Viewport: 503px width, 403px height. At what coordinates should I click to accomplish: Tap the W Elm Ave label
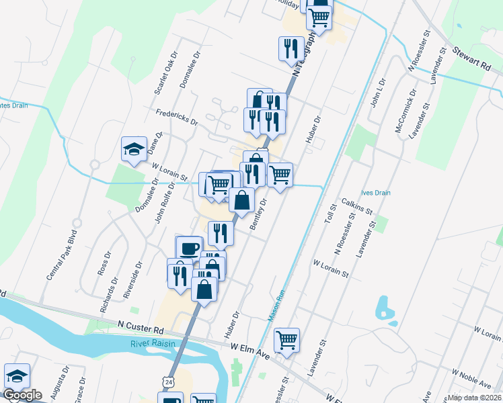pyautogui.click(x=249, y=350)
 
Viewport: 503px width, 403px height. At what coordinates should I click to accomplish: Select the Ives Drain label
pyautogui.click(x=375, y=192)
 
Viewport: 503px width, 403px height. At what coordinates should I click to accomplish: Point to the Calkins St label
pyautogui.click(x=357, y=206)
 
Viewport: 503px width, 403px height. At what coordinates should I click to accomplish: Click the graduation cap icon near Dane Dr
pyautogui.click(x=134, y=148)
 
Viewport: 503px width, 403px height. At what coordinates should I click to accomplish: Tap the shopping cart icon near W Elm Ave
pyautogui.click(x=287, y=340)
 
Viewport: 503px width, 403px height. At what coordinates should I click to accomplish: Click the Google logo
pyautogui.click(x=22, y=395)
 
